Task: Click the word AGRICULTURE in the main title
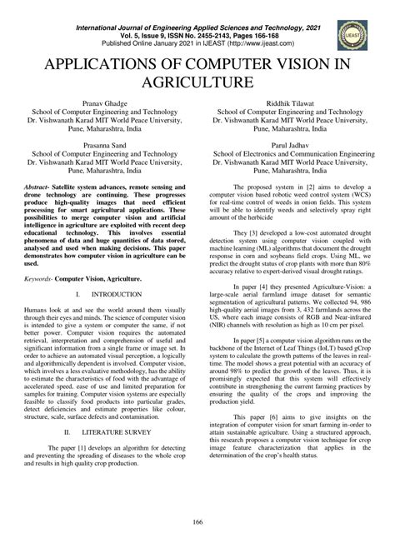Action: coord(197,82)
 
